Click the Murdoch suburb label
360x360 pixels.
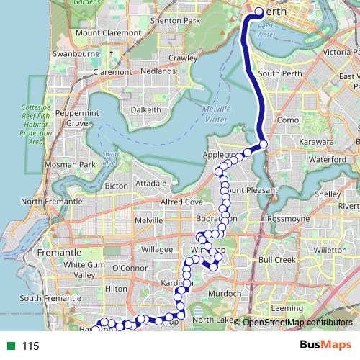222,294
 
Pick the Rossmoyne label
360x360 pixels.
288,217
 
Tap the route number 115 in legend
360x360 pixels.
30,346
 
